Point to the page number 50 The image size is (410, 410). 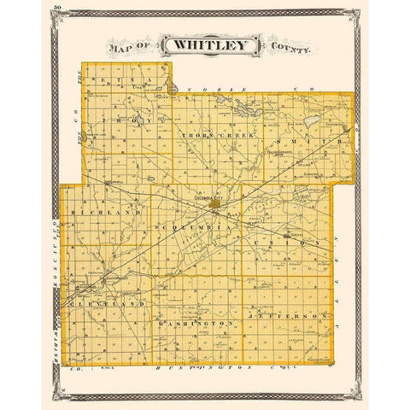(x=56, y=8)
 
